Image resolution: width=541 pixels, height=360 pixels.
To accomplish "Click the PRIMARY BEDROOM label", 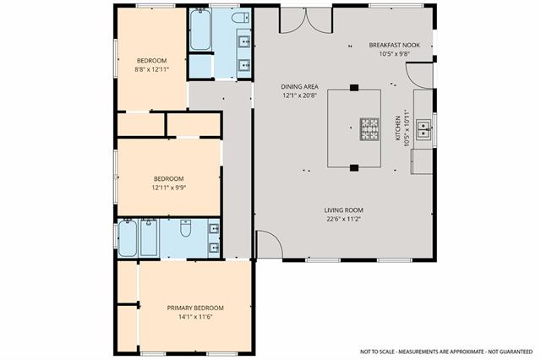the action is point(195,308).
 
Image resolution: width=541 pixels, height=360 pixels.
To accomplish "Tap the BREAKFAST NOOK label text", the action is point(395,45).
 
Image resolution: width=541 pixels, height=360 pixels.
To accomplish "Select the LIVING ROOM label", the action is point(343,210).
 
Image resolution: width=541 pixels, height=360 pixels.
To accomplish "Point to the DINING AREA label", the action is point(299,86).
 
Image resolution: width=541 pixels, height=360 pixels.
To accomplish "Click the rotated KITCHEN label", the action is point(398,128).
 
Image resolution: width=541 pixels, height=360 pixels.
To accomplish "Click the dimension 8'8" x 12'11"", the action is point(152,69).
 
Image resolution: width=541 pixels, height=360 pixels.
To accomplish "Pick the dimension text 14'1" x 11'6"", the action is point(195,317).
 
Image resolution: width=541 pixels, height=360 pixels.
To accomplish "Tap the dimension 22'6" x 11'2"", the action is point(344,219).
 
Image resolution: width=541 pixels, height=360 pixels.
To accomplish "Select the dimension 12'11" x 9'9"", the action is point(169,188).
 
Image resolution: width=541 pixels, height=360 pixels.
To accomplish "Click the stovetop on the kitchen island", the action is point(369,129).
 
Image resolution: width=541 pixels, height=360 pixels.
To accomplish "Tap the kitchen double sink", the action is point(423,129).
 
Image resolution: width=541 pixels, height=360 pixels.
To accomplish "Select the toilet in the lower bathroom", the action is point(186,228).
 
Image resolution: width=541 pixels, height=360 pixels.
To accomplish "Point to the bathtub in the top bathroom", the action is point(200,30).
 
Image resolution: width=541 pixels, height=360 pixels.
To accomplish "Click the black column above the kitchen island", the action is point(354,88).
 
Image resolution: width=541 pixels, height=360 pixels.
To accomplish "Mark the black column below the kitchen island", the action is point(354,168).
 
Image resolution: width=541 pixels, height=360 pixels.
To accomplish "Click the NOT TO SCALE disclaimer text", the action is point(446,352).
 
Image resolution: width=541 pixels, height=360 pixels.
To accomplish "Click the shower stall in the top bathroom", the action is point(200,66).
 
